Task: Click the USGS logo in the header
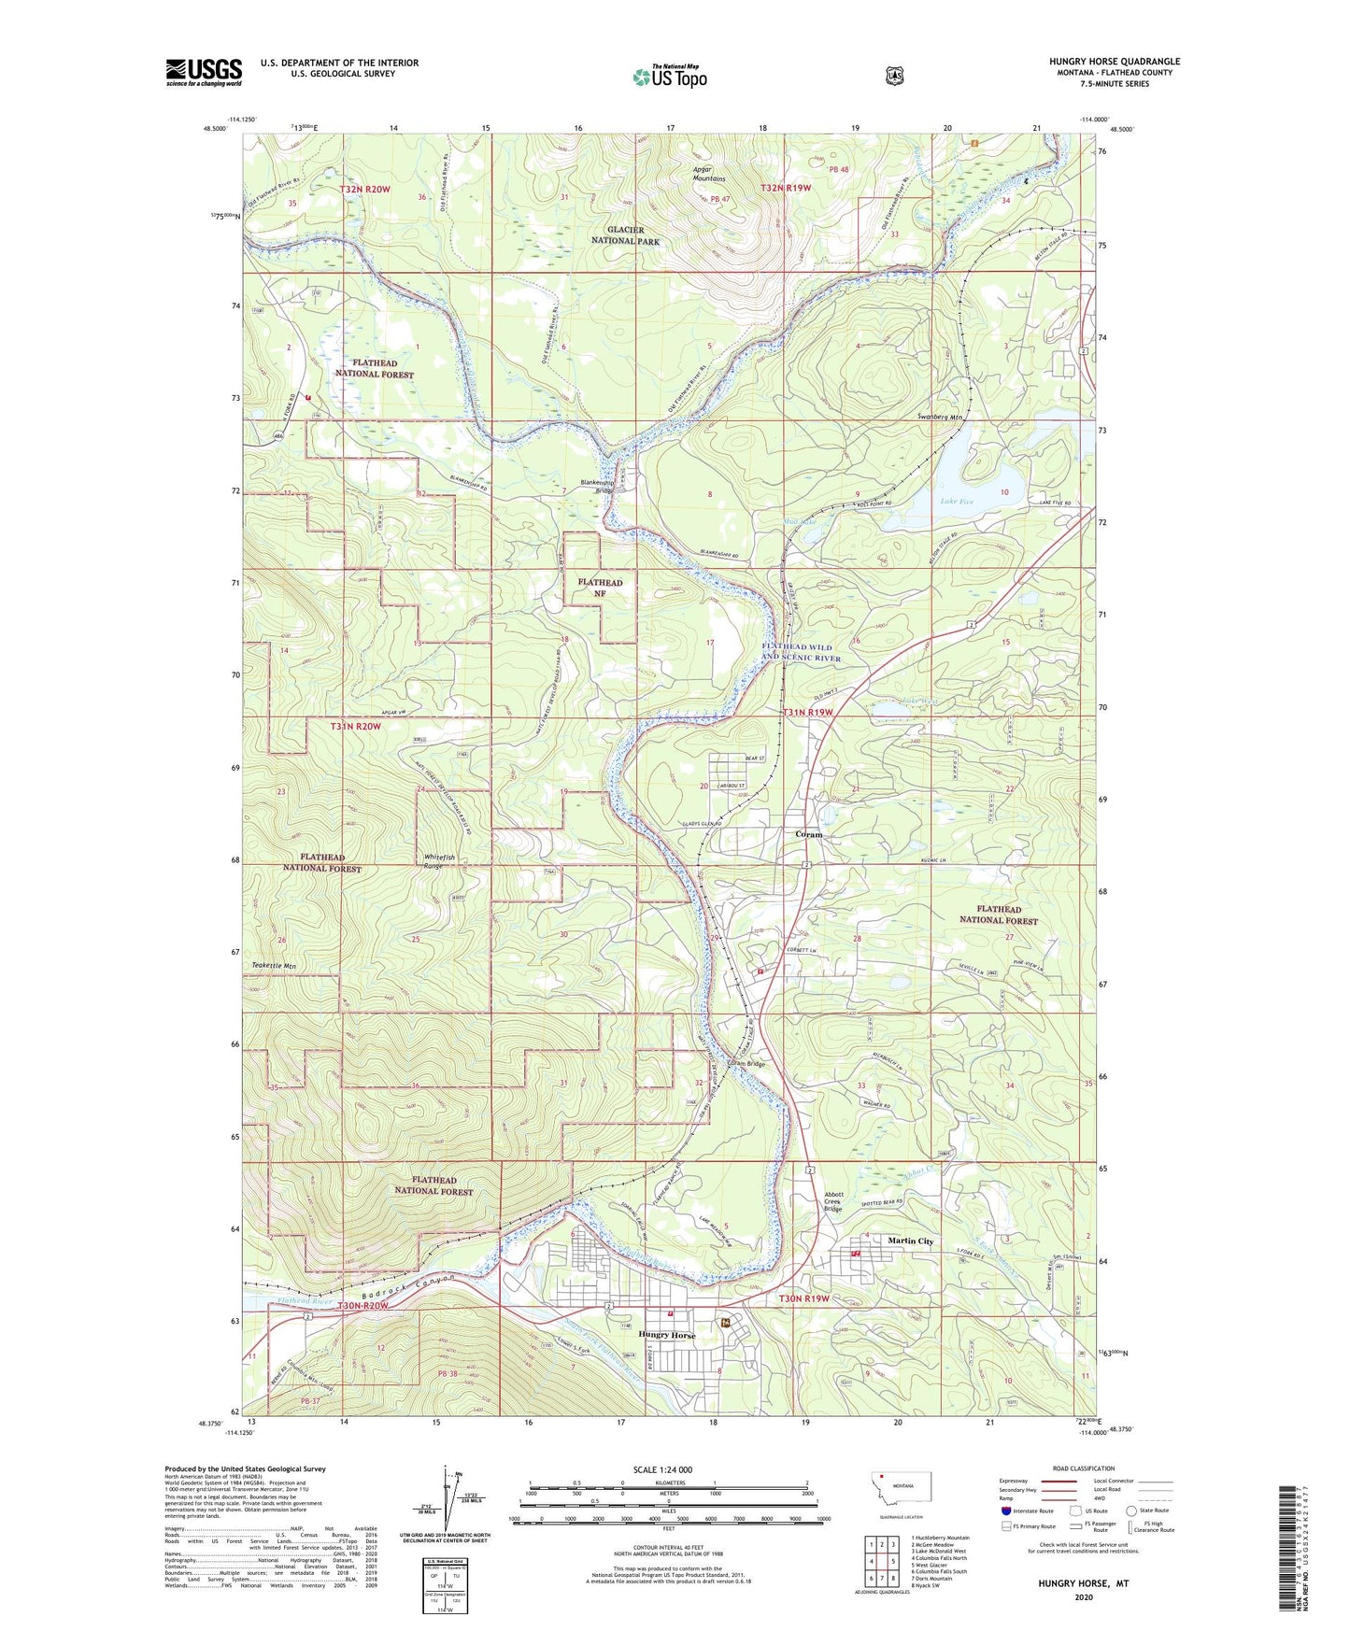(204, 71)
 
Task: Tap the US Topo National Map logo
(669, 76)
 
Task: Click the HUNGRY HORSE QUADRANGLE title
(1114, 62)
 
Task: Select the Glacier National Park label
(625, 234)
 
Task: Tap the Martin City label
(910, 1241)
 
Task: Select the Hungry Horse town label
(670, 1335)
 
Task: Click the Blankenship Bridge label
(597, 487)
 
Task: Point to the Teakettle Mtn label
(274, 965)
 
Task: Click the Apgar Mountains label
(708, 174)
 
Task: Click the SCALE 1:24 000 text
(662, 1469)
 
